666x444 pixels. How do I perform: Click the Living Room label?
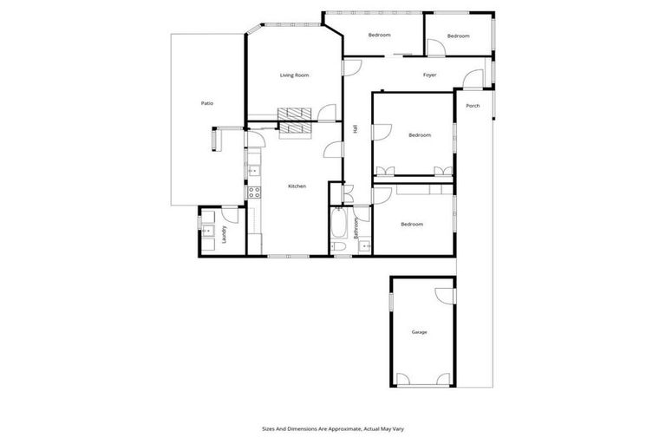(294, 75)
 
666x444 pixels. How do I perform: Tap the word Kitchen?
(297, 186)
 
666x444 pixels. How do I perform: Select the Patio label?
(207, 103)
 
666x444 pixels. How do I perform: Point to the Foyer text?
(429, 75)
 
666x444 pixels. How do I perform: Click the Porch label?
(473, 106)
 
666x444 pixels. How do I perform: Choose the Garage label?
(420, 332)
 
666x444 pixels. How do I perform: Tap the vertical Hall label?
(356, 128)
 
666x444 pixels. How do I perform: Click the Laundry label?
(224, 234)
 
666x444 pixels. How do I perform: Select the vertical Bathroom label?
(356, 229)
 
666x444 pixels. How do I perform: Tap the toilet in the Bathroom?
(341, 249)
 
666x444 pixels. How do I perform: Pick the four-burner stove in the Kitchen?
(255, 193)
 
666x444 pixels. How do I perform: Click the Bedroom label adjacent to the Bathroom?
(412, 225)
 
